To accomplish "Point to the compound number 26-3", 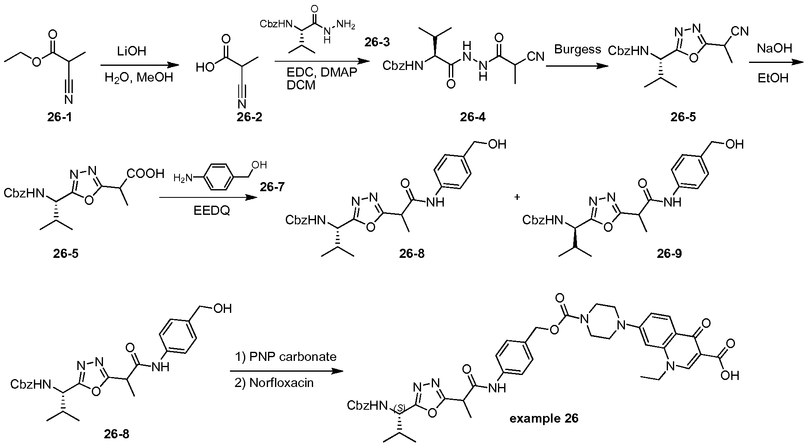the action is (376, 42).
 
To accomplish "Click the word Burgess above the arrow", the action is (578, 50).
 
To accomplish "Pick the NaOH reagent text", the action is (774, 48).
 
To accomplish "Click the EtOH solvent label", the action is (773, 78).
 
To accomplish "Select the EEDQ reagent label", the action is (211, 211).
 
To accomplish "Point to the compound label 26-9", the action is (669, 253).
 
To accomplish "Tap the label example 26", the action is (544, 418).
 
